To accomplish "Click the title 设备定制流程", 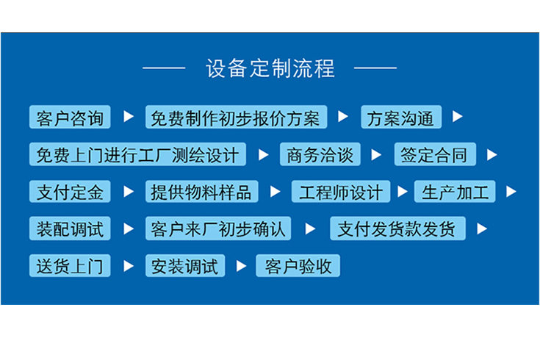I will tap(270, 68).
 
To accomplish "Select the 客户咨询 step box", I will tap(70, 118).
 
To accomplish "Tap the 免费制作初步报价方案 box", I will tap(235, 118).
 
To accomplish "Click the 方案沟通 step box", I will tap(401, 118).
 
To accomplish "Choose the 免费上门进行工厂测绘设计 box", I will tap(137, 155).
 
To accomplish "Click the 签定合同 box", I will tap(435, 155).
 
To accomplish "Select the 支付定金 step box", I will tap(70, 192).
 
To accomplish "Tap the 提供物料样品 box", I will tap(201, 192).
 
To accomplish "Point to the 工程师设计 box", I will tap(341, 192).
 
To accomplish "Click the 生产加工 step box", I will tap(455, 192).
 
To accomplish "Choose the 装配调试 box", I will tap(70, 228).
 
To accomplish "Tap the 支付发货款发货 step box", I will tap(397, 228).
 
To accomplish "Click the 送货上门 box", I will tap(70, 265).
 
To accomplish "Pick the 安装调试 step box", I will tap(185, 265).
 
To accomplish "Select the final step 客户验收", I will tap(298, 265).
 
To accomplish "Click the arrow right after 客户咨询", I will tap(129, 117).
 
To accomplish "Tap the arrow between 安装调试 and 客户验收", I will tap(241, 265).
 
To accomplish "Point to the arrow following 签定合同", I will tap(492, 155).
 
